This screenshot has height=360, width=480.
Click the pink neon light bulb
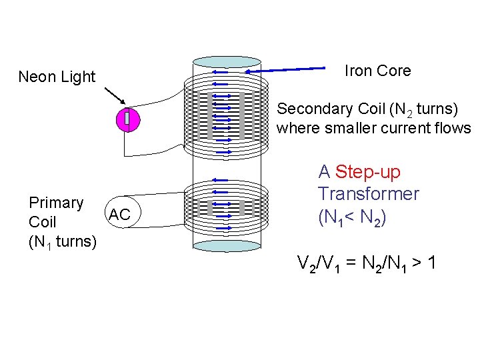pos(127,119)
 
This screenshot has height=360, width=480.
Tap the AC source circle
pos(119,214)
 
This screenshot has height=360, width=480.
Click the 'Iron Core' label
pos(377,71)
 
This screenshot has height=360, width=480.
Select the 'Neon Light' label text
pos(57,77)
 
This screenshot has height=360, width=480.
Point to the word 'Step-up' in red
pos(368,172)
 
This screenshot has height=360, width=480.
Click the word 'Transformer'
pos(368,194)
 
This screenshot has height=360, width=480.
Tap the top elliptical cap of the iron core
pos(227,62)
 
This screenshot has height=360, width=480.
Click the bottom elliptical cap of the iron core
pos(227,245)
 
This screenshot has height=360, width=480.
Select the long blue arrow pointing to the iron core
pos(293,68)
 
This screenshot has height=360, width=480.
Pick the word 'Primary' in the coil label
pos(56,203)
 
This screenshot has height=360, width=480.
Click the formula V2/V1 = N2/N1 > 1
pos(367,263)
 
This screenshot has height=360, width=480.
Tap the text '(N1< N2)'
pos(352,217)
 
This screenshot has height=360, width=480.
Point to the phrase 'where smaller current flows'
pos(373,128)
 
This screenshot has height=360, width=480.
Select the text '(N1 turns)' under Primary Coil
pos(63,241)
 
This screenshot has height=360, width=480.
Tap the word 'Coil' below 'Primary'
pos(43,222)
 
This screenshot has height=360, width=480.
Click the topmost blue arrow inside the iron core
pos(220,72)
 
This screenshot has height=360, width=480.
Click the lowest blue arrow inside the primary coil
pos(223,228)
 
